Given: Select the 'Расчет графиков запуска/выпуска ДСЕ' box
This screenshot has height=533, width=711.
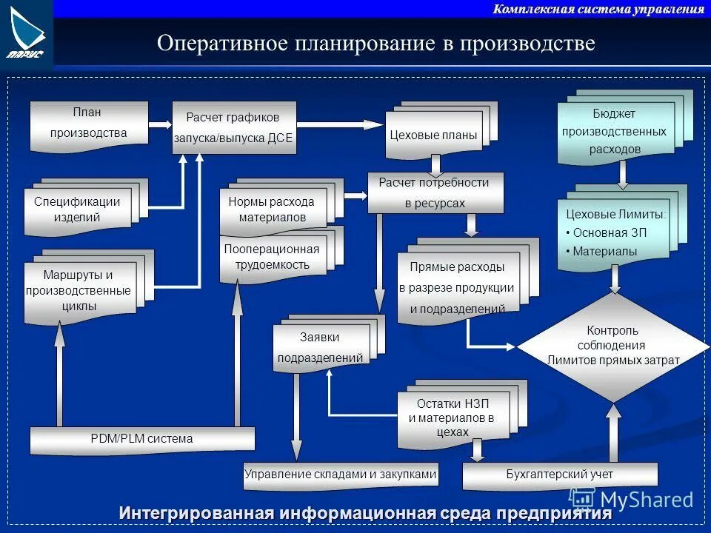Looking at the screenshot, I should coord(234,127).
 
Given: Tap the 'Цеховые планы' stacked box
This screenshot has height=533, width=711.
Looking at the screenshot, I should coord(433,135).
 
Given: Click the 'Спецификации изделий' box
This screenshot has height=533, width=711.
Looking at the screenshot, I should coord(77,209).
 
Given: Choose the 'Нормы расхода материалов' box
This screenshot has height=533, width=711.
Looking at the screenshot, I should coord(272,209).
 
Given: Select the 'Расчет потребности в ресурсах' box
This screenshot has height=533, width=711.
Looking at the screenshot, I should coord(435,192).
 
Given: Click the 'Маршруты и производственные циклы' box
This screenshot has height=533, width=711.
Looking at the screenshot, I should coord(79,291).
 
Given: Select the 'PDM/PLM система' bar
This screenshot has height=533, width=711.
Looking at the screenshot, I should coord(141,439).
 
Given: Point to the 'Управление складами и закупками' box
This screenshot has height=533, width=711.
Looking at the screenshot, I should coord(341,475).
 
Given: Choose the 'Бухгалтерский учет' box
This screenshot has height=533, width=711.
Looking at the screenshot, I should coord(559,475).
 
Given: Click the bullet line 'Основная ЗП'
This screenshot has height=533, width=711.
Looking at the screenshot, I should coord(610,232).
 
